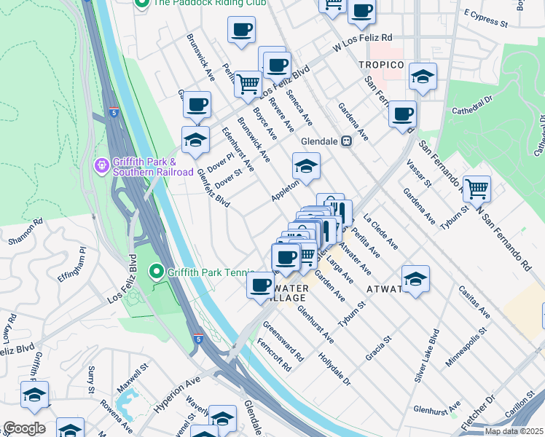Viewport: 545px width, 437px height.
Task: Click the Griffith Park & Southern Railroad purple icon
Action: [x=101, y=167]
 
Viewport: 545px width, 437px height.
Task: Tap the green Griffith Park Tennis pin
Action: [x=156, y=273]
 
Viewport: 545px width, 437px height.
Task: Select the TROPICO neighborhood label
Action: [x=380, y=65]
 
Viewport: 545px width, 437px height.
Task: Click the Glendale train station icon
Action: [x=347, y=141]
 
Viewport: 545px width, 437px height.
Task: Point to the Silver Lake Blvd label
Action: [x=427, y=355]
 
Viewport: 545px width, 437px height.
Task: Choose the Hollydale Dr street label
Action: [x=334, y=370]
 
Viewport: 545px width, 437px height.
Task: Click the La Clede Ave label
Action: [x=381, y=231]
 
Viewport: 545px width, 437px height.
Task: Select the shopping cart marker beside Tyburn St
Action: [x=477, y=189]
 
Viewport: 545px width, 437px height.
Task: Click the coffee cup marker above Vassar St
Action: [x=402, y=114]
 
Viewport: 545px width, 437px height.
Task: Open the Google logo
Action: [x=24, y=428]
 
